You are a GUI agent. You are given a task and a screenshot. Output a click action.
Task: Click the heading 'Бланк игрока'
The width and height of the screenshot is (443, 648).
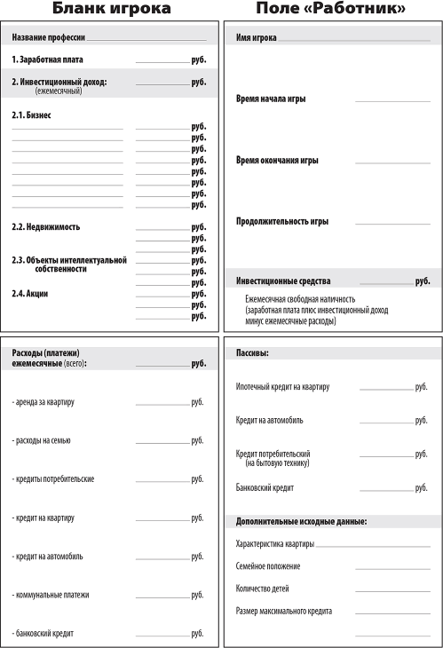point(110,10)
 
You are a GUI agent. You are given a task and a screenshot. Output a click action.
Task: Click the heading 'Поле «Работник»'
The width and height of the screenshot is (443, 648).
point(331,10)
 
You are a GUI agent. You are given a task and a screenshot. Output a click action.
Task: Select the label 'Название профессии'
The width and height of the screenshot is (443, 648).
point(48,39)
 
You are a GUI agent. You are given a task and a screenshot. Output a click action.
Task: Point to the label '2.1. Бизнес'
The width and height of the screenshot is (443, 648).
point(31,115)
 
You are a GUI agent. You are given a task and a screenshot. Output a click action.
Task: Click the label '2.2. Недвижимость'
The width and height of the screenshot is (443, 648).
point(45,227)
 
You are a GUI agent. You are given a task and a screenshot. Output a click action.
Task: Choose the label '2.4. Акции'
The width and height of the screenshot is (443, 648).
point(30,294)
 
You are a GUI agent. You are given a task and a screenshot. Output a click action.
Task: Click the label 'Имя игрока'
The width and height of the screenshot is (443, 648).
point(256,39)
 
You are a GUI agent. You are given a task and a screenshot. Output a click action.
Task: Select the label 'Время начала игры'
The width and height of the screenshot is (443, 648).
point(270,99)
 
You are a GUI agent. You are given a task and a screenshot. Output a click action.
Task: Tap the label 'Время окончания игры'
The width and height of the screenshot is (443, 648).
point(276,161)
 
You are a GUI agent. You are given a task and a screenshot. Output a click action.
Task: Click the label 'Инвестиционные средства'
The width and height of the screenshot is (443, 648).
point(282,281)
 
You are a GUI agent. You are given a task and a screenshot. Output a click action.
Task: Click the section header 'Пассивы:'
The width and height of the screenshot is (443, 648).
point(252,353)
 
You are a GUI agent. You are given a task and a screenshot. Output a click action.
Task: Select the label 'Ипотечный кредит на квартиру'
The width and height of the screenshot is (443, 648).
point(282,388)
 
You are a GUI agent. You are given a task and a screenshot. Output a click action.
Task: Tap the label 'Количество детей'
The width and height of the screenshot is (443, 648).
point(262,589)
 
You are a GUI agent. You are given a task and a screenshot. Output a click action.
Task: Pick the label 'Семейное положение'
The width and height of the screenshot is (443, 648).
point(267,566)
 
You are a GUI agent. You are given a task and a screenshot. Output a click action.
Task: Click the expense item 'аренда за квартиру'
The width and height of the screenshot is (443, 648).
point(44,402)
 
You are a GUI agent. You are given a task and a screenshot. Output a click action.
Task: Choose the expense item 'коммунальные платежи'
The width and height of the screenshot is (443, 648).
point(51,595)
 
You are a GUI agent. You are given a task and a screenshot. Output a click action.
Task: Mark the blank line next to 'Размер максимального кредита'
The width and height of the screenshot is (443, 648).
point(392,613)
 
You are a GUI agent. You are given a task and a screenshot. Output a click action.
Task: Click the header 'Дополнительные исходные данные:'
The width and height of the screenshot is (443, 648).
point(301,521)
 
